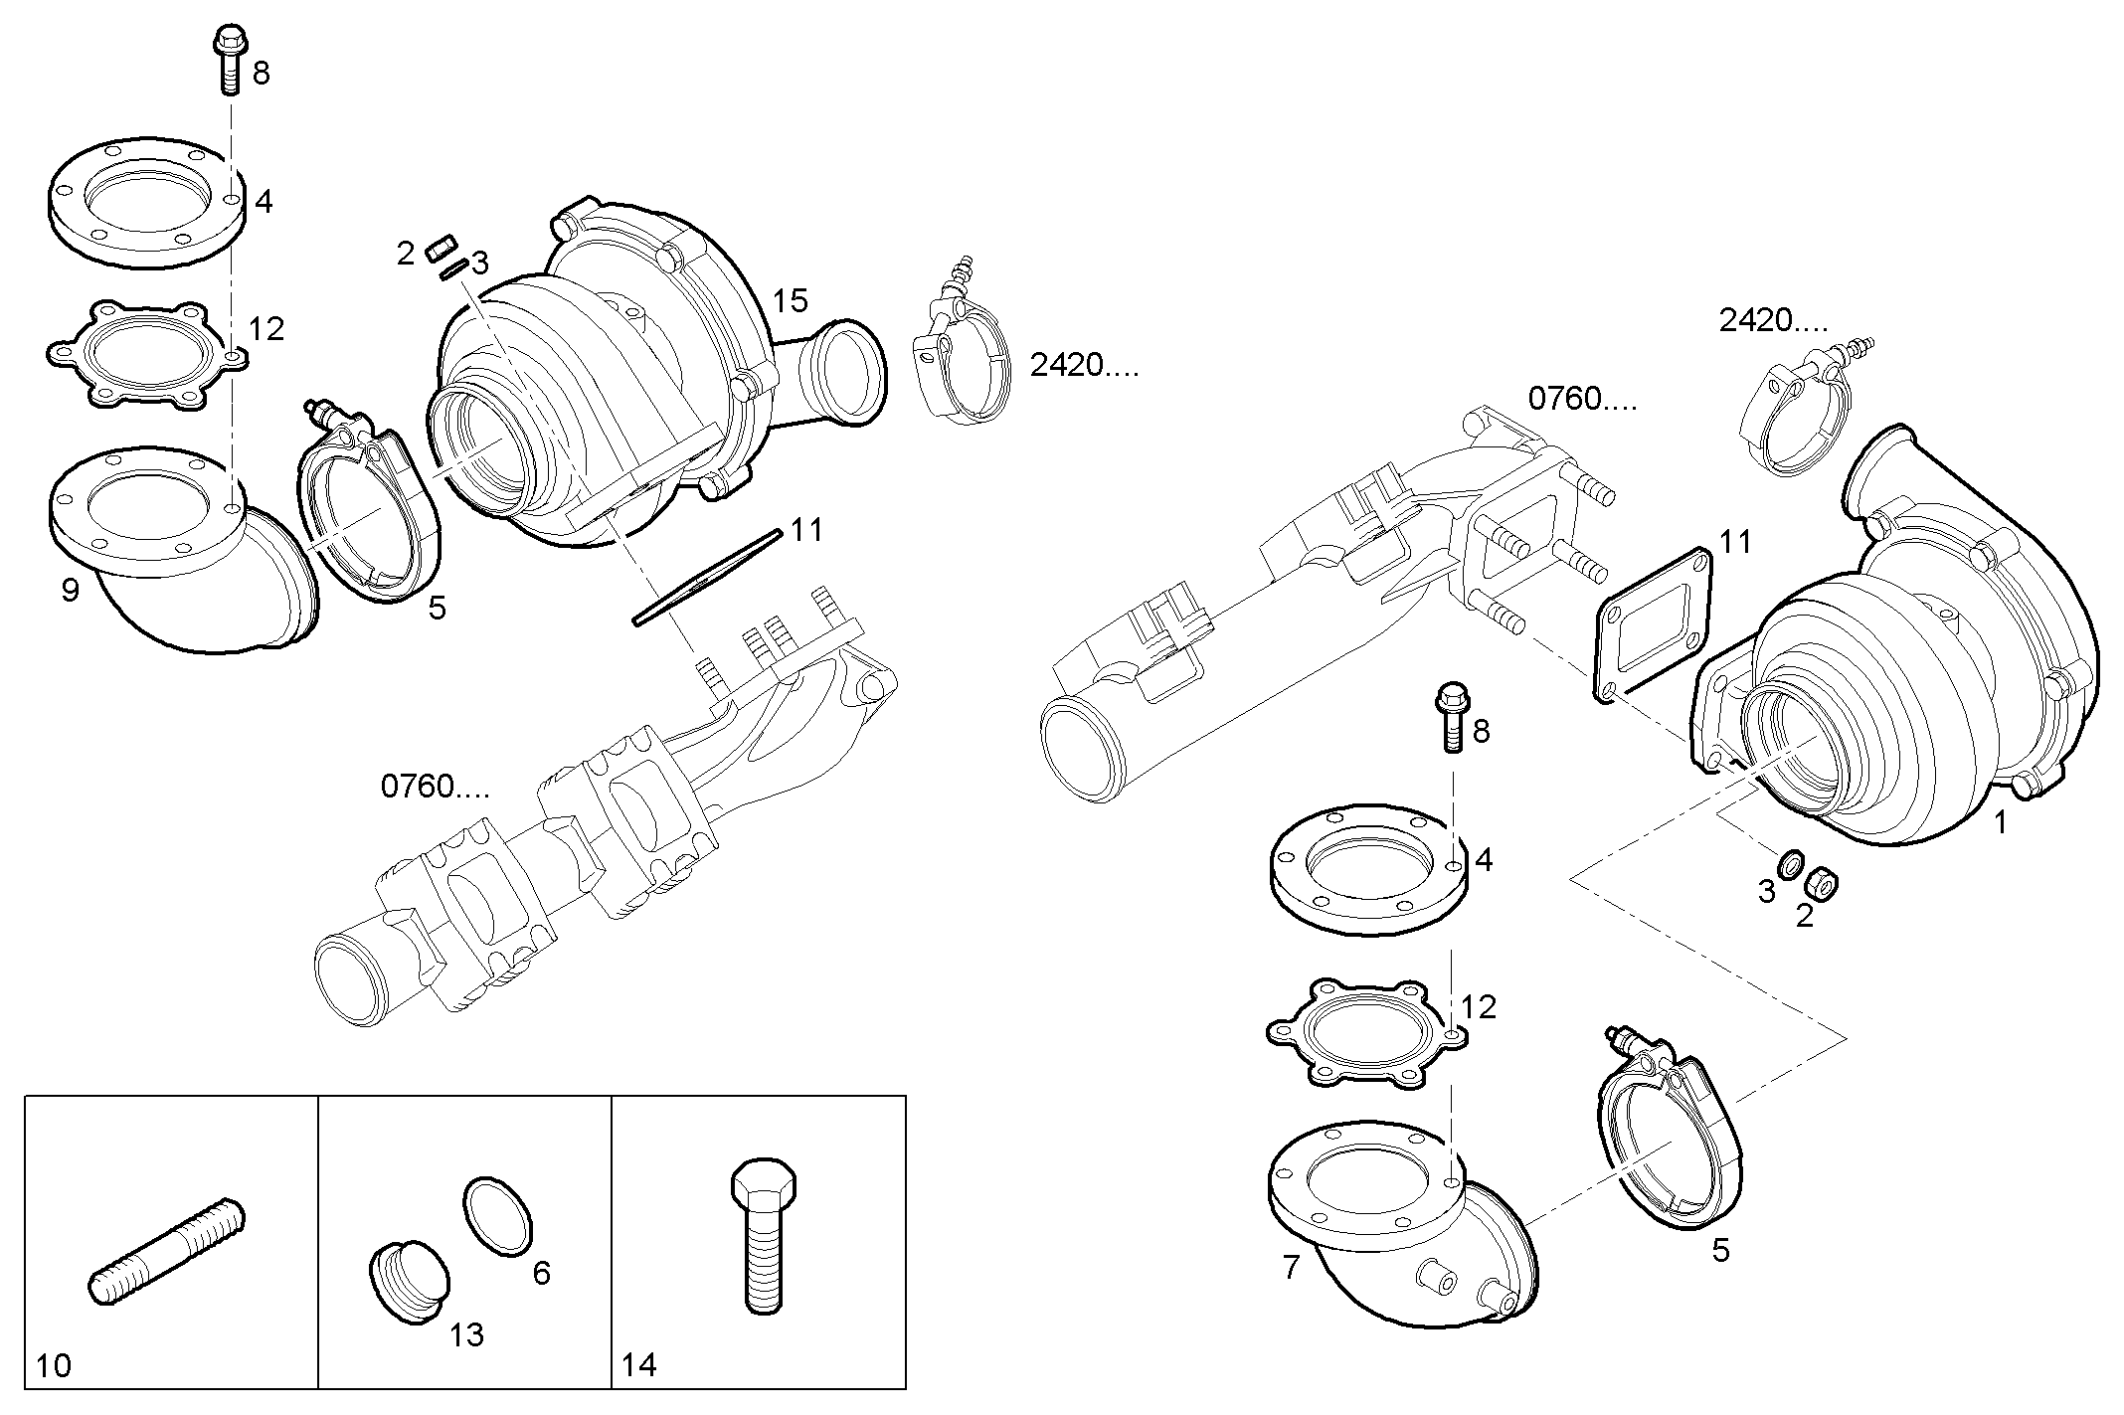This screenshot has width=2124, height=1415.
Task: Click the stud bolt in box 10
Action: click(167, 1250)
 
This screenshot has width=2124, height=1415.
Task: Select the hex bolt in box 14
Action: click(763, 1236)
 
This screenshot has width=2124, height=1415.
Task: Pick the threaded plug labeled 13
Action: click(409, 1281)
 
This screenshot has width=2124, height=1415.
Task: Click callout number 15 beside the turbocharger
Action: click(792, 300)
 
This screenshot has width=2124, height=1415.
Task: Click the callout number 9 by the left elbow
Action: click(71, 590)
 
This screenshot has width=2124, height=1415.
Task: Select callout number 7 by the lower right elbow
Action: click(1291, 1267)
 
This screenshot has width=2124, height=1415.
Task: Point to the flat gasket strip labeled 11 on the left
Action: click(706, 578)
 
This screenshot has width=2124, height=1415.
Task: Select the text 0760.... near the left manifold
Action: click(435, 787)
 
